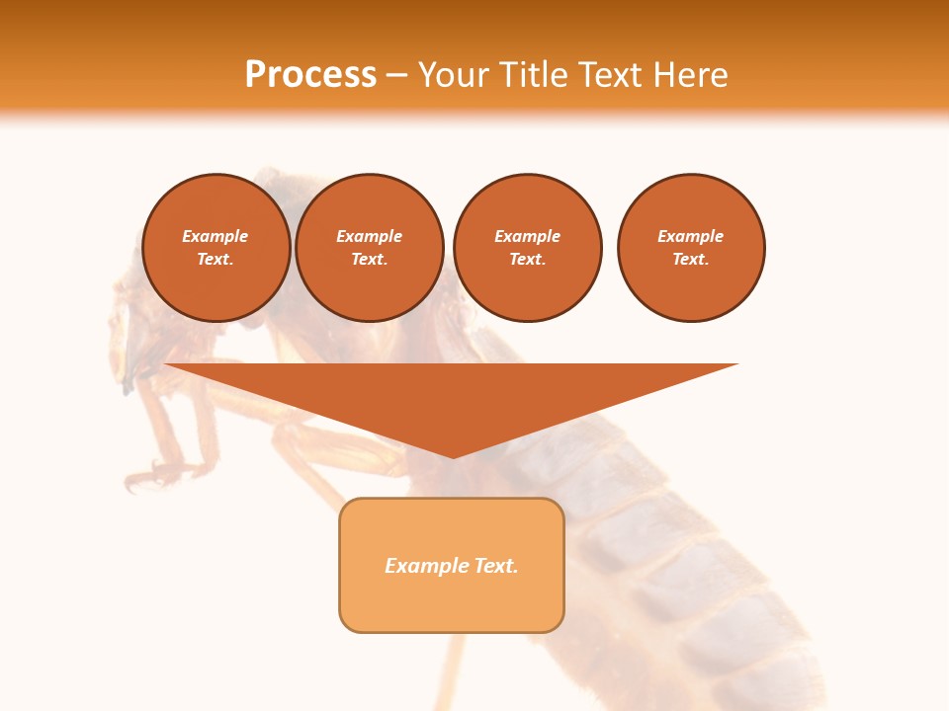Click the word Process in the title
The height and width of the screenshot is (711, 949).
310,75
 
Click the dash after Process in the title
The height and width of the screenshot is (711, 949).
396,77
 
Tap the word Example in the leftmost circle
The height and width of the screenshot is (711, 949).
216,236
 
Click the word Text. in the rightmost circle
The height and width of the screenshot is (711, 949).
691,259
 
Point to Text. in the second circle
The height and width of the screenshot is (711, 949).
370,259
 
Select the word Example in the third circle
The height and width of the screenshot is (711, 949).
528,236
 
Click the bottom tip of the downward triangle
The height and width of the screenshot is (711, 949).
453,455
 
